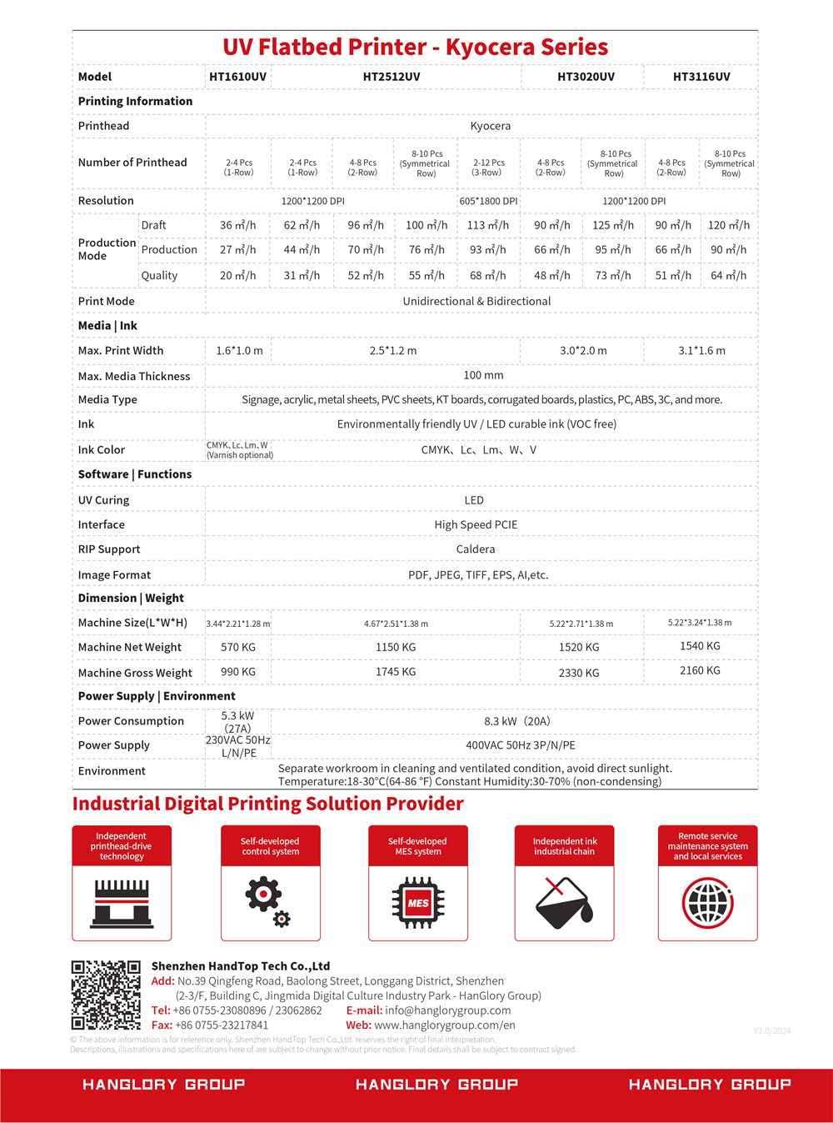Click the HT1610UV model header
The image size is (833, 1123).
pyautogui.click(x=238, y=77)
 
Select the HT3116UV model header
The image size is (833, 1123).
pyautogui.click(x=701, y=77)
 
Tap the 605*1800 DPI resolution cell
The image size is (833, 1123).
pyautogui.click(x=488, y=201)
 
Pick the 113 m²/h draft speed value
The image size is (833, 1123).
pyautogui.click(x=488, y=225)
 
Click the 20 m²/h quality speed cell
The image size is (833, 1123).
pyautogui.click(x=238, y=275)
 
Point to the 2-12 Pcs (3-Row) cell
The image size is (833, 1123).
pyautogui.click(x=488, y=168)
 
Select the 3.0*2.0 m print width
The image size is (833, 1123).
pyautogui.click(x=583, y=351)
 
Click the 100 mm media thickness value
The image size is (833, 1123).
pyautogui.click(x=483, y=376)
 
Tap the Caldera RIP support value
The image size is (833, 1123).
pyautogui.click(x=476, y=549)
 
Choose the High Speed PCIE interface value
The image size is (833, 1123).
pyautogui.click(x=476, y=524)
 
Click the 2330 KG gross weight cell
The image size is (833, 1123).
pyautogui.click(x=579, y=673)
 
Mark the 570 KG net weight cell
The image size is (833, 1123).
pyautogui.click(x=238, y=647)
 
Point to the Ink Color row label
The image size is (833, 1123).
pyautogui.click(x=102, y=450)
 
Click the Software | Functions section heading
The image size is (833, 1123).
pyautogui.click(x=135, y=474)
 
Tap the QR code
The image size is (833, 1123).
pyautogui.click(x=106, y=995)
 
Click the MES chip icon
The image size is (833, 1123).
pyautogui.click(x=418, y=903)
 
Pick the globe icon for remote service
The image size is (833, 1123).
pyautogui.click(x=708, y=903)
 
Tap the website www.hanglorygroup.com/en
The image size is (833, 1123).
pyautogui.click(x=445, y=1025)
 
